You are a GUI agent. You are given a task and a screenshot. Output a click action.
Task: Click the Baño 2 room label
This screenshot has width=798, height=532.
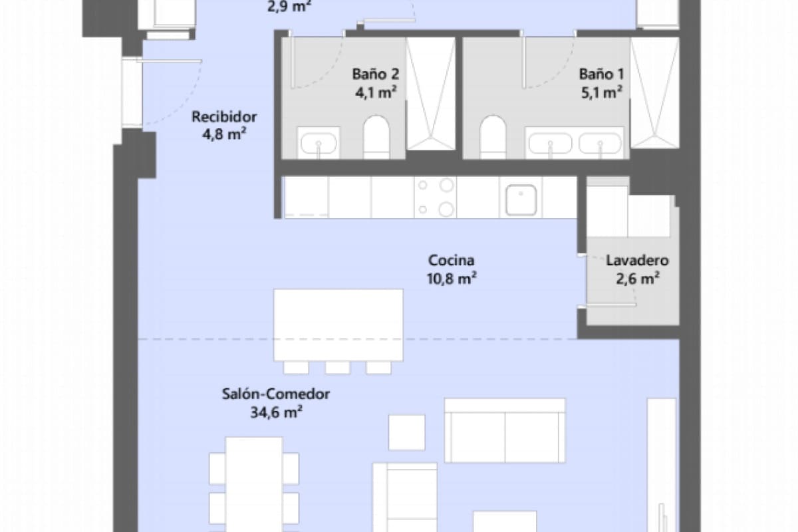pyautogui.click(x=374, y=74)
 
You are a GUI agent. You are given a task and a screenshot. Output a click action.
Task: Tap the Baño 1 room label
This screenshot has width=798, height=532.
pyautogui.click(x=600, y=74)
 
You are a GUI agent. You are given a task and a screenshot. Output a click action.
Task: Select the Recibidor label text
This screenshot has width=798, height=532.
pyautogui.click(x=224, y=117)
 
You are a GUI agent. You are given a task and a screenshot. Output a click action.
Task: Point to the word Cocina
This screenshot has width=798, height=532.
pyautogui.click(x=452, y=260)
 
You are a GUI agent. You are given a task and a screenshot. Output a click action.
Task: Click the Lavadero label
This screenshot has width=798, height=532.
pyautogui.click(x=637, y=261)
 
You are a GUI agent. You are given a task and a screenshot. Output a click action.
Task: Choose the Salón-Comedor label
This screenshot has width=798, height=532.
pyautogui.click(x=276, y=394)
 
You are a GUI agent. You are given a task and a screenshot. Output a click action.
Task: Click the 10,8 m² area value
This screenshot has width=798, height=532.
pyautogui.click(x=452, y=279)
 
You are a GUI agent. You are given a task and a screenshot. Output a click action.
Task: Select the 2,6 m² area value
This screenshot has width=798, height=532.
pyautogui.click(x=637, y=279)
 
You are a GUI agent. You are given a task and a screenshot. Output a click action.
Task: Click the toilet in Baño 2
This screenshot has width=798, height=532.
pyautogui.click(x=376, y=137)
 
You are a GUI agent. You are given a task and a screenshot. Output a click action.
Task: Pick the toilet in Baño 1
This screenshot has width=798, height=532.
pyautogui.click(x=493, y=137)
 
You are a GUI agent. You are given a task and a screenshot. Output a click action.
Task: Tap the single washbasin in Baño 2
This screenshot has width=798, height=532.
pyautogui.click(x=319, y=143)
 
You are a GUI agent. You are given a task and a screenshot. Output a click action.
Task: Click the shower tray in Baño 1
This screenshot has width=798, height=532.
pyautogui.click(x=654, y=93)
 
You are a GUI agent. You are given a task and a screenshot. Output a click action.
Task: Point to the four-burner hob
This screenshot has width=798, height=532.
pyautogui.click(x=435, y=198)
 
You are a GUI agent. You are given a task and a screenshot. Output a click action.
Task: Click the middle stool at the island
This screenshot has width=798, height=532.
pyautogui.click(x=338, y=367)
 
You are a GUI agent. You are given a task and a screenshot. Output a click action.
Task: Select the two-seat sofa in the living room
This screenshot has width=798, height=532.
pyautogui.click(x=505, y=430)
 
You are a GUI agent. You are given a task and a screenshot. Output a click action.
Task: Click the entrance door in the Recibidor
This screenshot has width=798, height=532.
pyautogui.click(x=133, y=93)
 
